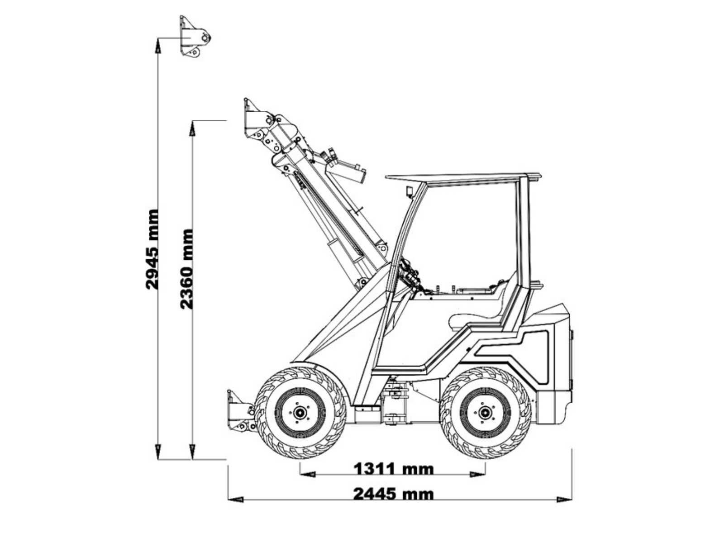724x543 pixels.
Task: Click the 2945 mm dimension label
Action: pyautogui.click(x=152, y=249)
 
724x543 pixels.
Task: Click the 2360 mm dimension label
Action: pyautogui.click(x=187, y=269)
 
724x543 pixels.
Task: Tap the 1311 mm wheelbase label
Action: pyautogui.click(x=394, y=468)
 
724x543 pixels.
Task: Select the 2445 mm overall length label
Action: pyautogui.click(x=394, y=494)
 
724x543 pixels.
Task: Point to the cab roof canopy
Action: pyautogui.click(x=463, y=178)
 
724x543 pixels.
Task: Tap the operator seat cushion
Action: pyautogui.click(x=475, y=321)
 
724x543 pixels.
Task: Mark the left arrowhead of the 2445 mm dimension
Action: pyautogui.click(x=235, y=500)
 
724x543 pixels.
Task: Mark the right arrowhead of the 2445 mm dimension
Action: pyautogui.click(x=564, y=500)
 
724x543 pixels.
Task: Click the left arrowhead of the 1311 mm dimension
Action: pyautogui.click(x=307, y=474)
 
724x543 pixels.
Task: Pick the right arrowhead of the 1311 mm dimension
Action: pyautogui.click(x=477, y=474)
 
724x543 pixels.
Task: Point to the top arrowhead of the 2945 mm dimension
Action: pyautogui.click(x=158, y=46)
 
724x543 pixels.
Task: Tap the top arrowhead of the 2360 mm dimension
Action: pyautogui.click(x=192, y=128)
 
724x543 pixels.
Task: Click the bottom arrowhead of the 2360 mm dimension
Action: pyautogui.click(x=192, y=452)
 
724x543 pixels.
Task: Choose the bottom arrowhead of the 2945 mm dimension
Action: pyautogui.click(x=158, y=452)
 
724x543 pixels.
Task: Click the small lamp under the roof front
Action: pyautogui.click(x=410, y=192)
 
